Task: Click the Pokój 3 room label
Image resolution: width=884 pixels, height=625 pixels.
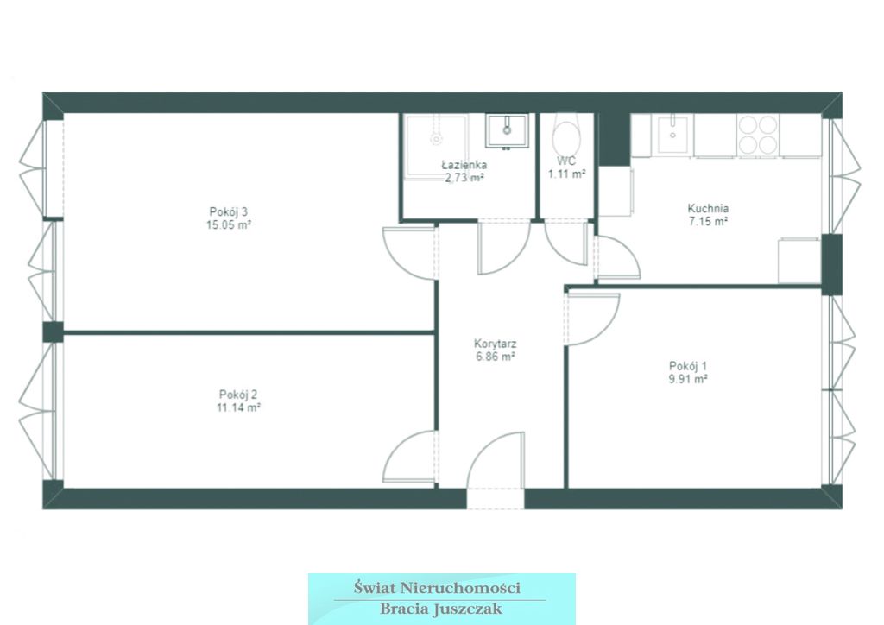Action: [228, 211]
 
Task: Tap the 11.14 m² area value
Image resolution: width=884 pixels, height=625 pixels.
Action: [238, 407]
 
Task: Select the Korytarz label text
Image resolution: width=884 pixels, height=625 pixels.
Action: [495, 344]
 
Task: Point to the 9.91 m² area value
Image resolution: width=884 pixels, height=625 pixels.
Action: [688, 379]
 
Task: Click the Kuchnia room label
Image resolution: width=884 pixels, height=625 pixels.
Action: [708, 208]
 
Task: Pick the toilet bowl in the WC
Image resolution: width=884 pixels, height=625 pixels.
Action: [566, 135]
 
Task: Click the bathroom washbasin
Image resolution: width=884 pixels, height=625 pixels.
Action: [507, 130]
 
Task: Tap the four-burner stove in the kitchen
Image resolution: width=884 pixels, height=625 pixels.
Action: [758, 135]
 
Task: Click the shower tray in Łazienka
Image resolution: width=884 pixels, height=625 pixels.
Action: [435, 147]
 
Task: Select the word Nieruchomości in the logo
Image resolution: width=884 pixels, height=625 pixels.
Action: [460, 588]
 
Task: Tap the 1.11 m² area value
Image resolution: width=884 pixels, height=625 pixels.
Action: [566, 174]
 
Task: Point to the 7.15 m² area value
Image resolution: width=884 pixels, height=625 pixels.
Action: [708, 222]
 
